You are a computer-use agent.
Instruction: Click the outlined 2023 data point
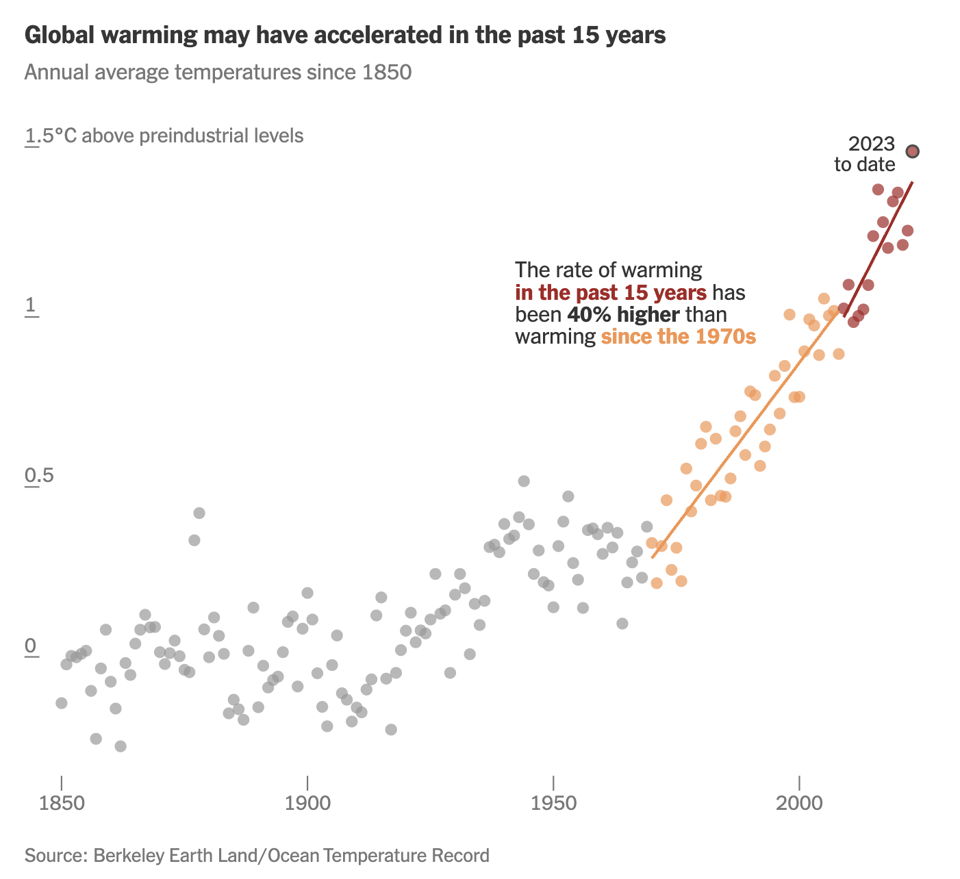pos(912,151)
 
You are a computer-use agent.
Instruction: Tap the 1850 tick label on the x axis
pos(61,802)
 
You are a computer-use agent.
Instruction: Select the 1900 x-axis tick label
pos(307,802)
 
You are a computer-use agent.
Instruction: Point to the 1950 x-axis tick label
pos(553,802)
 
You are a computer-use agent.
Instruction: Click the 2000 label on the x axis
pos(799,802)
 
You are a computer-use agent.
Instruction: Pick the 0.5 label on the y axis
pos(40,476)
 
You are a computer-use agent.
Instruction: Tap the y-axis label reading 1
pos(31,306)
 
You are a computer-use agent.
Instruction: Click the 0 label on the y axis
pos(31,646)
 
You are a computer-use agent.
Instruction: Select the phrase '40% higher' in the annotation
pos(623,315)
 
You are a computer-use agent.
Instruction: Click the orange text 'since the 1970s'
pos(678,337)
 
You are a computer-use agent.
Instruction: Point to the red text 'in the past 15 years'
pos(611,293)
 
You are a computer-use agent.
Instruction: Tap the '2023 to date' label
pos(865,154)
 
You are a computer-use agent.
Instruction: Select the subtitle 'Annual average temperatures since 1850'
pos(218,72)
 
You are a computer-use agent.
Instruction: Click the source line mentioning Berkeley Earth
pos(257,855)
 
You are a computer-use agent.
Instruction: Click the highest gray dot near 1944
pos(524,481)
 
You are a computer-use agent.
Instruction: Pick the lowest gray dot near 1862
pos(121,746)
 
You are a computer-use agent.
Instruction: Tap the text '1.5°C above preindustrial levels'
pos(164,136)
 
